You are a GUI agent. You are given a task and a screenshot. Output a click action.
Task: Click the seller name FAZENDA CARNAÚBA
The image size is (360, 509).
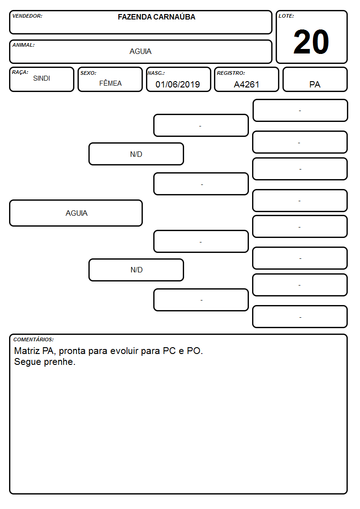point(156,17)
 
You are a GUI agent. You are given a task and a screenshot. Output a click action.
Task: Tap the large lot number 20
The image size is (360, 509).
point(311,42)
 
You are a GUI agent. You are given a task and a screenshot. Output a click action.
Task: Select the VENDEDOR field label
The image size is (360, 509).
point(27,16)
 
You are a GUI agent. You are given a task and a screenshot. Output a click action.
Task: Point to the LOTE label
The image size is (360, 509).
point(286,16)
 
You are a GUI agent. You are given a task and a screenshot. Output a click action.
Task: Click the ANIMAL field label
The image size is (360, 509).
point(24,45)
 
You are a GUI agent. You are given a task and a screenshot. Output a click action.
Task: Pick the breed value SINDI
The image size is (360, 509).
point(42,78)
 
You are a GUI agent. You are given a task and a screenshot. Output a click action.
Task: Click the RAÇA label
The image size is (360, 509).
point(20,73)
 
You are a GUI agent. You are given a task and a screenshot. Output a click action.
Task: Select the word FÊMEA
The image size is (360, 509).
point(110,83)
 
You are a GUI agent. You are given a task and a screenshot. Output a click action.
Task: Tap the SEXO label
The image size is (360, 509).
point(88,73)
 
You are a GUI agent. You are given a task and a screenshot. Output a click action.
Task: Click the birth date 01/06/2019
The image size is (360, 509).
point(178,84)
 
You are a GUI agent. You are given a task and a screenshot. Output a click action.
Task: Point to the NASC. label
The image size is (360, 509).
point(156,73)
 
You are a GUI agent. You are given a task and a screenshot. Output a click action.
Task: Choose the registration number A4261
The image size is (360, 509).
point(246,84)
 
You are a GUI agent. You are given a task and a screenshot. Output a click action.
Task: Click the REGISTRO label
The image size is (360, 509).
point(231,73)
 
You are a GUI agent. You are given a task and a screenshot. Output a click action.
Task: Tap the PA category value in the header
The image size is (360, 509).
point(315,84)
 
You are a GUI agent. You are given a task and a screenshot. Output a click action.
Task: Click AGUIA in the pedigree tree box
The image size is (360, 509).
point(77,213)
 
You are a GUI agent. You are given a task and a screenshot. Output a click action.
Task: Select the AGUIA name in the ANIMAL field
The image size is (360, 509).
point(141,51)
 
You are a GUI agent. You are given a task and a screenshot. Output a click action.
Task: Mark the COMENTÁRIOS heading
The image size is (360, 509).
point(34,339)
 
